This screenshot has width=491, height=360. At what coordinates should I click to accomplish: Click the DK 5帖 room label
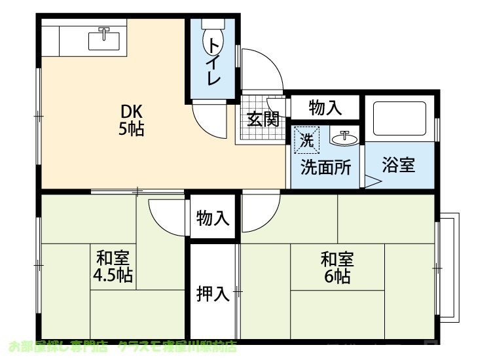131,119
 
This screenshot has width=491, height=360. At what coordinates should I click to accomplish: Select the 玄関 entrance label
263,119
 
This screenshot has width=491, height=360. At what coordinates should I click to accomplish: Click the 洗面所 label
325,166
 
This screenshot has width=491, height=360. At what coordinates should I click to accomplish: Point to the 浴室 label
398,165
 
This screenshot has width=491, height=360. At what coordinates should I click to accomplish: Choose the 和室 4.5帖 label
113,266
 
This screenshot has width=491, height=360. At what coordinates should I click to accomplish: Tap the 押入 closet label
213,295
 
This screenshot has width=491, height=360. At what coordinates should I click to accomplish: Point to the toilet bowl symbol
213,39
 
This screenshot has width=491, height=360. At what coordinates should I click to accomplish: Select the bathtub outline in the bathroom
399,118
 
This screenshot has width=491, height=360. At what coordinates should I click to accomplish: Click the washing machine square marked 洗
306,138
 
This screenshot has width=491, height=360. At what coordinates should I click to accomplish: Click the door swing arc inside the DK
211,121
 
